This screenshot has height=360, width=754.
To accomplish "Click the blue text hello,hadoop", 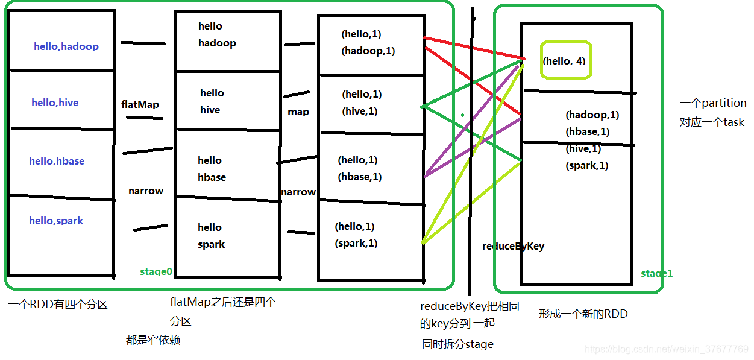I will tap(66, 46).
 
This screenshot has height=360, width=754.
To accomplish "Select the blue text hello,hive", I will tap(55, 103).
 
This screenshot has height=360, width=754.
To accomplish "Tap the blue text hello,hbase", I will tap(57, 161).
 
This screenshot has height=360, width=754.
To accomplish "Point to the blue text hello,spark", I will tap(56, 221).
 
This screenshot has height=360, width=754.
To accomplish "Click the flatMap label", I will tap(140, 104).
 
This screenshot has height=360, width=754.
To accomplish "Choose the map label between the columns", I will tap(298, 112).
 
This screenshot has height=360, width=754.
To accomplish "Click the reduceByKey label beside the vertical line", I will tap(513, 246).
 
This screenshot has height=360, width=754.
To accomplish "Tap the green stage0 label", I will tap(156, 271).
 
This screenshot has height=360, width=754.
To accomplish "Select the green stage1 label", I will tap(656, 273).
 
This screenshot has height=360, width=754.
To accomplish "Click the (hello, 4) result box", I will tap(565, 60).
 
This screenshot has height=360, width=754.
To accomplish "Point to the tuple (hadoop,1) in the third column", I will tap(368, 51).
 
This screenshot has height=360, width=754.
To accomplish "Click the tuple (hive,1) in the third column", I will tap(360, 111).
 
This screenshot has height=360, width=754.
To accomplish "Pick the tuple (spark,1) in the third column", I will tap(356, 243).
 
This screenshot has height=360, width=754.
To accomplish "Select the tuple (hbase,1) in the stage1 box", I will tap(588, 131).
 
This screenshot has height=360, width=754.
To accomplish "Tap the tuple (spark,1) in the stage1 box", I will tap(587, 165).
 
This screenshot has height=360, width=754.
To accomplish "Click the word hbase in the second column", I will tap(212, 177).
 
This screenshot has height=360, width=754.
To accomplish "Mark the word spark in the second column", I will tap(211, 244).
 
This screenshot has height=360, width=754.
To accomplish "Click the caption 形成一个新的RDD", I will tap(583, 314).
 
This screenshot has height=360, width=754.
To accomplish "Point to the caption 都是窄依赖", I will tap(153, 340).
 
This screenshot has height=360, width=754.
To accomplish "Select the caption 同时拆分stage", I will tap(457, 344).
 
